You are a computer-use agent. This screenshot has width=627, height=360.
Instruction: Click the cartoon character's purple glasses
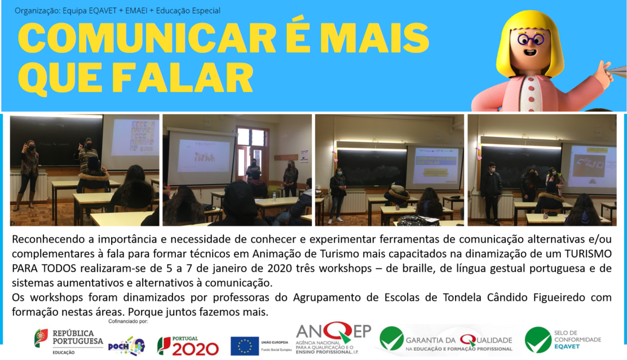tap(531, 39)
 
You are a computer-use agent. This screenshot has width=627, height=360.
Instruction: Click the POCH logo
tap(126, 345)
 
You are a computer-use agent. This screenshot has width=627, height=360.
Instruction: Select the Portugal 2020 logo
tap(188, 345)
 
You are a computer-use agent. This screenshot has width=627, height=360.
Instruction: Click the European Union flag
tap(245, 346)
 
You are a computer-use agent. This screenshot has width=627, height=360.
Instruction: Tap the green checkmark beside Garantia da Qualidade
tap(391, 339)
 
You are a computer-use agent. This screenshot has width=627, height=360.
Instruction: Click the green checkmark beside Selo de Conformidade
tap(538, 339)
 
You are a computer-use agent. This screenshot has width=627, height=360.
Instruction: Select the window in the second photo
tap(252, 152)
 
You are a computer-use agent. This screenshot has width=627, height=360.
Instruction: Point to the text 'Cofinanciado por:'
tap(128, 321)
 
